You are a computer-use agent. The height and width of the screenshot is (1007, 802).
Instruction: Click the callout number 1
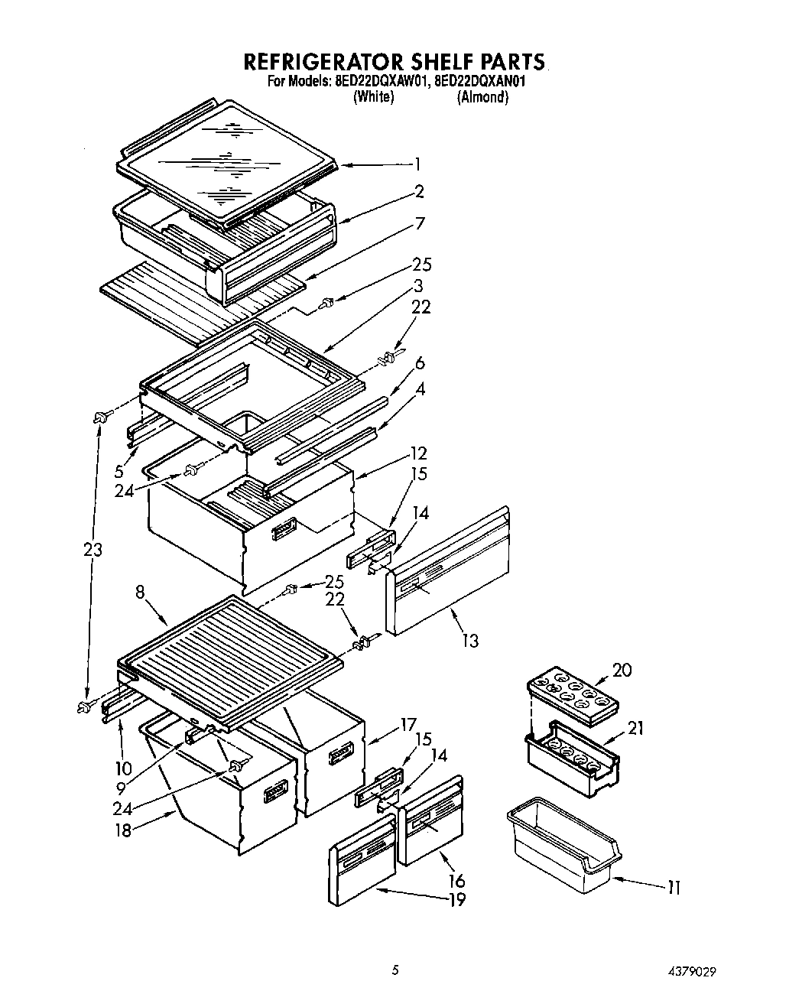point(417,163)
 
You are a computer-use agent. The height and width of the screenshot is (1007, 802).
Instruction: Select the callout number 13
point(470,641)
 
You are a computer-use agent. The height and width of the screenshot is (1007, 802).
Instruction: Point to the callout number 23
point(93,550)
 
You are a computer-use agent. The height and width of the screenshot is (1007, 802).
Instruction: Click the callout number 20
point(622,670)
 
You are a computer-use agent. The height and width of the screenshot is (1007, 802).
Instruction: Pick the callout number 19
point(456,900)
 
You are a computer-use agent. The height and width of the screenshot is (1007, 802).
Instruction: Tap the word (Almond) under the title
point(482,97)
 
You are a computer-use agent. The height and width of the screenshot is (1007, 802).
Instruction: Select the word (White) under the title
point(373,97)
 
